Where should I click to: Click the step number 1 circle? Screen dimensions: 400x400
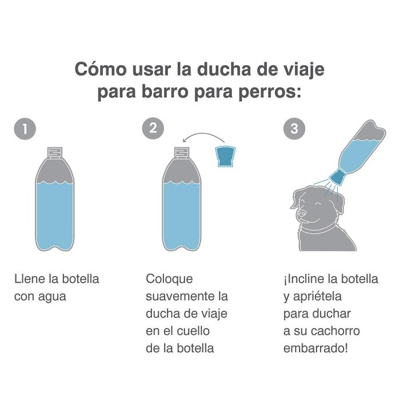24,129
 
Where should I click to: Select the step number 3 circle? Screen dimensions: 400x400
294,129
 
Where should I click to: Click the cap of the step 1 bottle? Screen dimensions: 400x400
55,152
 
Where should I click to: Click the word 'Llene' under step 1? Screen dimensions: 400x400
29,279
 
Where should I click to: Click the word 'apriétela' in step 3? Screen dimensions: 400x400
324,297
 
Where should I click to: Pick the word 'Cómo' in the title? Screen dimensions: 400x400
97,70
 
